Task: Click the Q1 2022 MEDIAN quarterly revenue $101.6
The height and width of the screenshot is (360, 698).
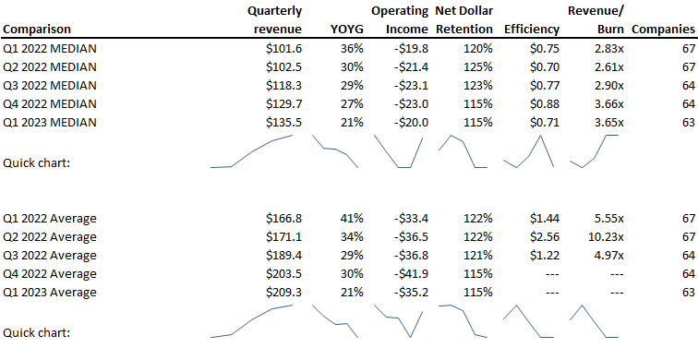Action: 283,48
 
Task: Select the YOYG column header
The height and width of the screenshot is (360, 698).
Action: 347,30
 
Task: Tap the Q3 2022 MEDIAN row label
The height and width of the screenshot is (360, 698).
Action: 50,85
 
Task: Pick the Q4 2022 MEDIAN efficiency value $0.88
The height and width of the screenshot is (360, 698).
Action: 545,103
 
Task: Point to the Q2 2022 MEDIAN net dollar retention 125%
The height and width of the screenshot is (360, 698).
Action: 477,66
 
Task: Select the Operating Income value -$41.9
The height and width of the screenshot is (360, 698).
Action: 411,273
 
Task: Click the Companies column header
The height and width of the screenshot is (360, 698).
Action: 663,30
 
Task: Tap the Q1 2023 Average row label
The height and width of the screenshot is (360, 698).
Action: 50,293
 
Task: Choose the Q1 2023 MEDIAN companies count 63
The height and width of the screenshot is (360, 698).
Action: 689,122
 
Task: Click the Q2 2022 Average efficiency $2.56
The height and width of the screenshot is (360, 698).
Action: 545,236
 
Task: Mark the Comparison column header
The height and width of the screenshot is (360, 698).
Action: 37,30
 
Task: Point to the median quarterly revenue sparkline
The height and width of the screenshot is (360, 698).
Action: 251,151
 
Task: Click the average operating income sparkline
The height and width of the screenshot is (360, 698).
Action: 398,321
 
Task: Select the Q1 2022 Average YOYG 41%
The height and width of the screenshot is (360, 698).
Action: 352,218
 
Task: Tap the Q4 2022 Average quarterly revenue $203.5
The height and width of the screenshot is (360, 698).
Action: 283,273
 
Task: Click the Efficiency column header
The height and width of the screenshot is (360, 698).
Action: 532,30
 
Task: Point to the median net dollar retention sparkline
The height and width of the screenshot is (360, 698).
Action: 463,151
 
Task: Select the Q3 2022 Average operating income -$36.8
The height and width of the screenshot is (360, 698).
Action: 411,256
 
